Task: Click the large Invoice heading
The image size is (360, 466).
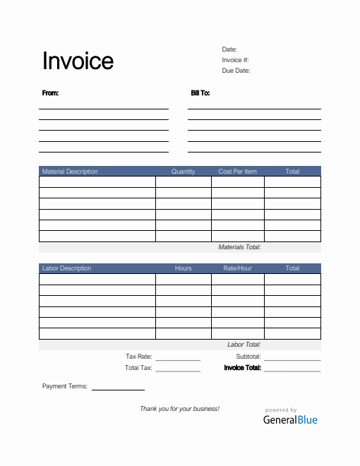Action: click(x=78, y=61)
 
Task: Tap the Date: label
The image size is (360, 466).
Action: click(x=229, y=49)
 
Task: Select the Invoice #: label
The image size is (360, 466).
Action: click(x=235, y=60)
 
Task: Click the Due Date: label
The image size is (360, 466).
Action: click(x=236, y=71)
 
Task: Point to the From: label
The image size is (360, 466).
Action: click(x=50, y=93)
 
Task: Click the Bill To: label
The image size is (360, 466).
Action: click(x=200, y=93)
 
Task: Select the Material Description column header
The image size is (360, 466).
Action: click(x=70, y=172)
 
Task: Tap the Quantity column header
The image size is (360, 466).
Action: click(x=183, y=172)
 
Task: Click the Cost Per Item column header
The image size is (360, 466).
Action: click(x=238, y=172)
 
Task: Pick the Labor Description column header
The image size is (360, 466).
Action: click(x=66, y=268)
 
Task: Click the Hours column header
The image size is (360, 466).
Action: click(x=183, y=268)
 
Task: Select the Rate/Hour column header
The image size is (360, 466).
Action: click(x=238, y=268)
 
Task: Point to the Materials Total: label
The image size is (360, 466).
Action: click(x=239, y=248)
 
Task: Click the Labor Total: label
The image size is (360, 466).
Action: click(x=244, y=345)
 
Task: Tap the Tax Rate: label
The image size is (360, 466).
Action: click(x=138, y=357)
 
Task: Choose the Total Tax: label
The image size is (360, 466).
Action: click(x=138, y=368)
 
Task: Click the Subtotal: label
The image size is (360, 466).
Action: click(x=248, y=357)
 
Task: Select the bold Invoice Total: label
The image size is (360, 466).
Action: click(x=242, y=368)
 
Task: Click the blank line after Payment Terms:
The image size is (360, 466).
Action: click(x=118, y=388)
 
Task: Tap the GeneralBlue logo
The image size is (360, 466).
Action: click(x=290, y=419)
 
